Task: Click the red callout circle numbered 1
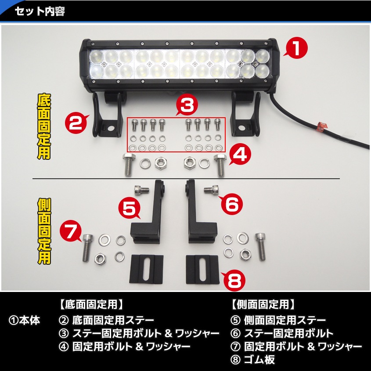pyautogui.click(x=297, y=48)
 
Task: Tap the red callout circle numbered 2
pyautogui.click(x=76, y=123)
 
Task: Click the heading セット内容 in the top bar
pyautogui.click(x=40, y=11)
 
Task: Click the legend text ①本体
pyautogui.click(x=24, y=321)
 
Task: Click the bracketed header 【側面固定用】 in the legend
pyautogui.click(x=262, y=304)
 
